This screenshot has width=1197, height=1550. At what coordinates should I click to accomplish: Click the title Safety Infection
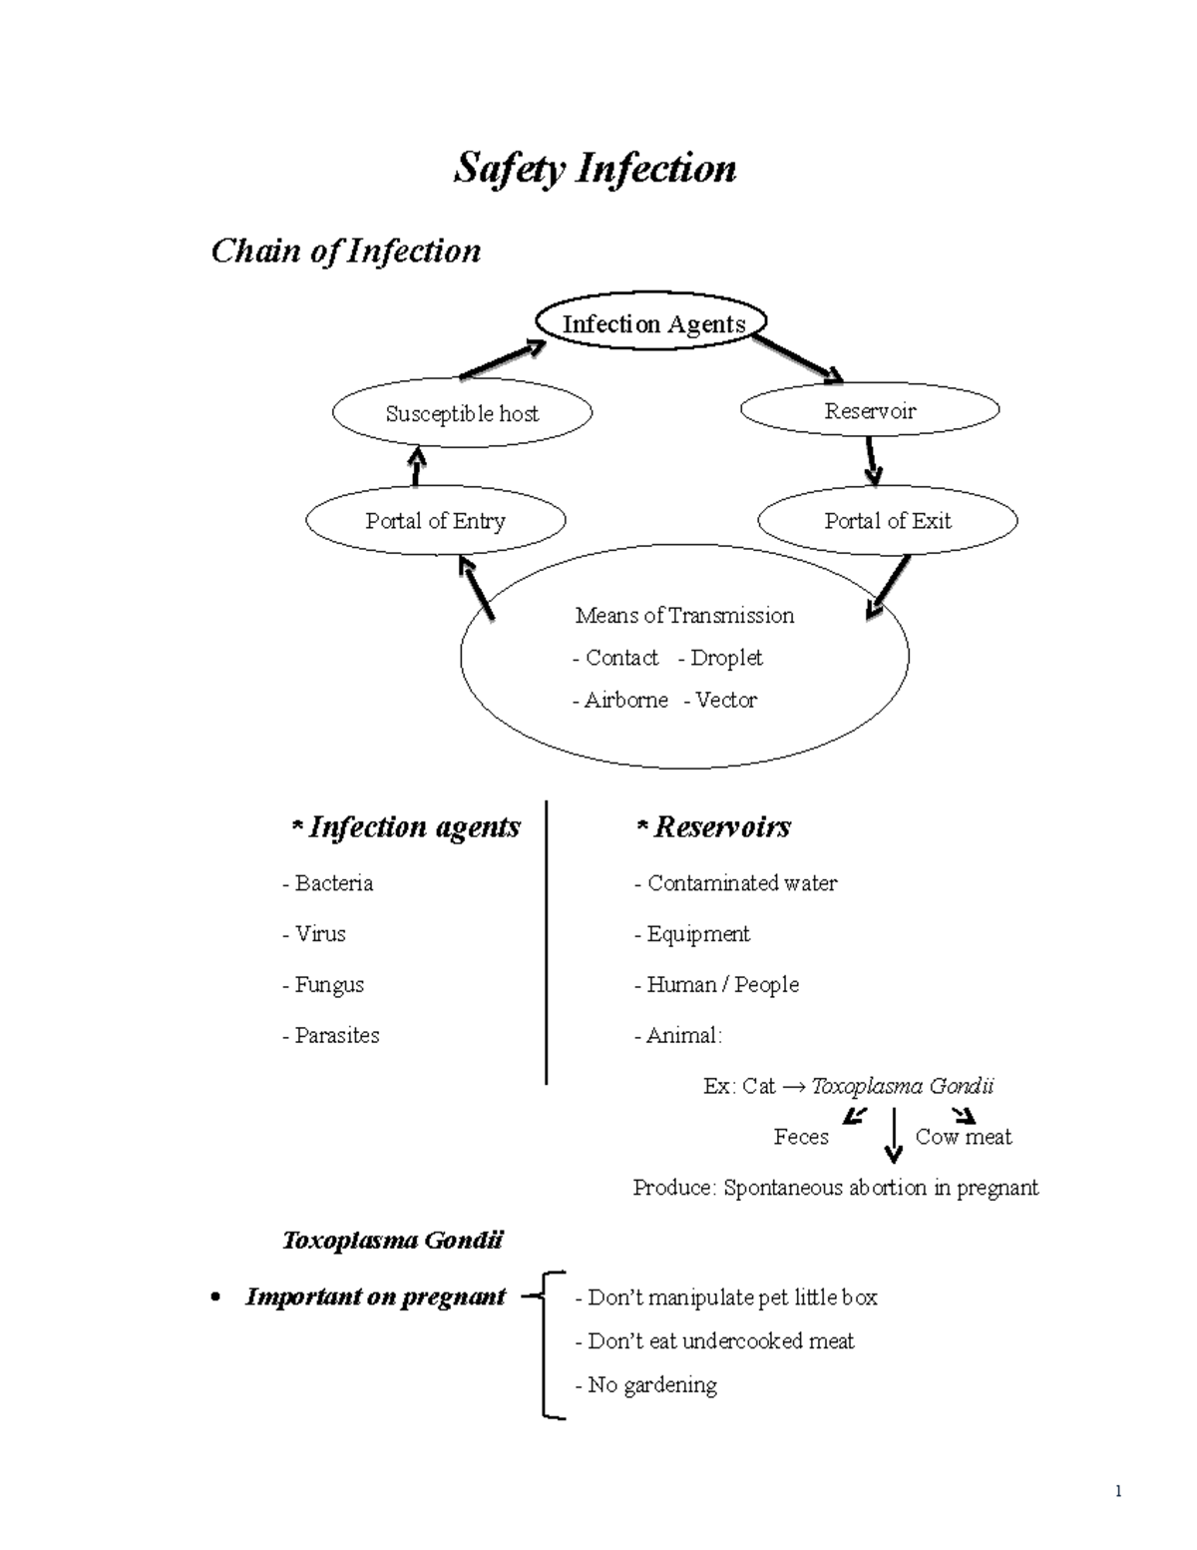[595, 169]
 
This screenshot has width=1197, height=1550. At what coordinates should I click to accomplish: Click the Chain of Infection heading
[345, 251]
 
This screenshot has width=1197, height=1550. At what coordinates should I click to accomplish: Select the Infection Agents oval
[653, 323]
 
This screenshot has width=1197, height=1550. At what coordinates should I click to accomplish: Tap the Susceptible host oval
[462, 413]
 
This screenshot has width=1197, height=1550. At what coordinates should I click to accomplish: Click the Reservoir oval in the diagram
[870, 410]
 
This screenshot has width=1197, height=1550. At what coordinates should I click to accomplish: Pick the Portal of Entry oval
[435, 521]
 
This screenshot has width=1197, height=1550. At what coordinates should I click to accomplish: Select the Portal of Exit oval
[888, 521]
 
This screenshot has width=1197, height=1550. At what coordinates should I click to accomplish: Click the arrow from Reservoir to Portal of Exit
[872, 460]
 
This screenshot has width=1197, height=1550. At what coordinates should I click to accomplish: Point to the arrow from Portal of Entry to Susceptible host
[416, 466]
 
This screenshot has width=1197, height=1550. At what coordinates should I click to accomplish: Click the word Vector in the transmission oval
[725, 701]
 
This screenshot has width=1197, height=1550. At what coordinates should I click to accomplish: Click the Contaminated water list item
[736, 883]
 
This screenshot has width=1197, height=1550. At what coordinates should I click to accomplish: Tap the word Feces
[801, 1137]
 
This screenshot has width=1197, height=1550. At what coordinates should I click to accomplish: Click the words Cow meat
[963, 1137]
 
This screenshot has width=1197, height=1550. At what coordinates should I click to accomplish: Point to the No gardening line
[646, 1385]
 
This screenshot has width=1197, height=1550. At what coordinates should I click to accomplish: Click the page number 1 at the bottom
[1119, 1492]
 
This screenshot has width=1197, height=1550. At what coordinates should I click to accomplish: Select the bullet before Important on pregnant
[215, 1298]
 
